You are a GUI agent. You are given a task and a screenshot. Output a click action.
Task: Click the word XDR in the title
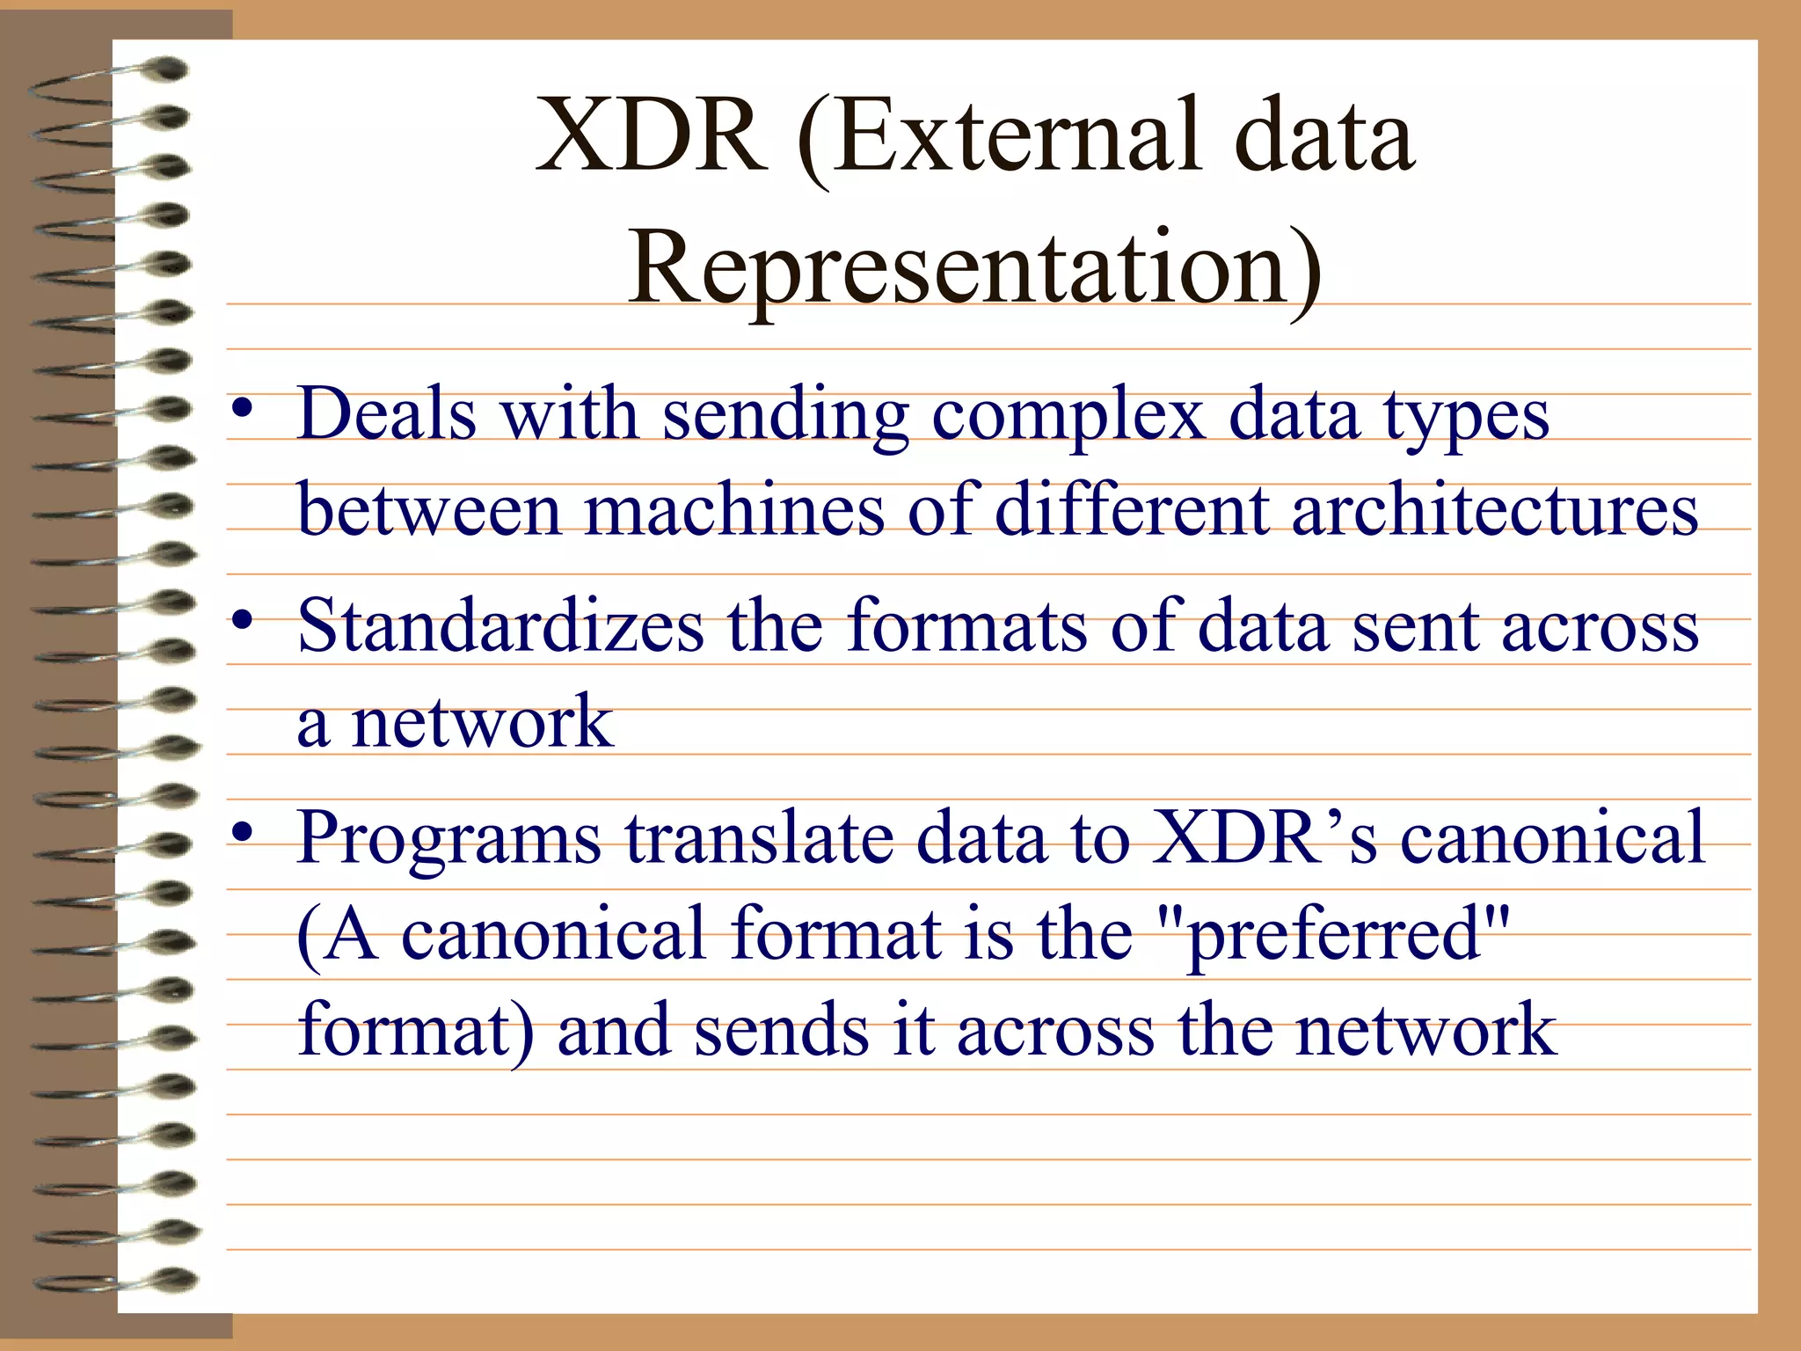[651, 136]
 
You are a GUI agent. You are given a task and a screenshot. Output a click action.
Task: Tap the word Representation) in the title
[974, 268]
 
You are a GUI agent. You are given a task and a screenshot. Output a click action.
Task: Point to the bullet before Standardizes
[244, 621]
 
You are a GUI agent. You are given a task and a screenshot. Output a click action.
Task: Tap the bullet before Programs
[244, 832]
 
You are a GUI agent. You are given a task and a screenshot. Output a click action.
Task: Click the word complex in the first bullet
[1068, 415]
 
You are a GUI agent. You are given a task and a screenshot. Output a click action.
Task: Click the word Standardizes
[500, 626]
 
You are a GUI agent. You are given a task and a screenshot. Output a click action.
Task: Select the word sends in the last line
[782, 1031]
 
